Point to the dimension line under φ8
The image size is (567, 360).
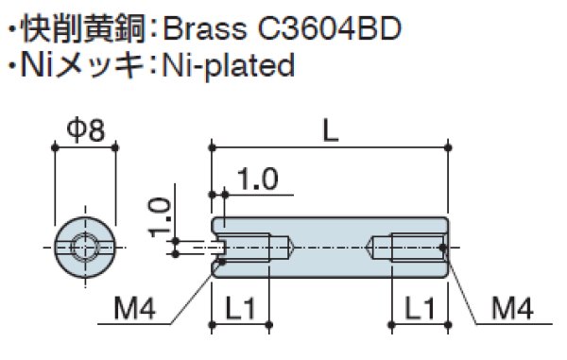tap(85, 147)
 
